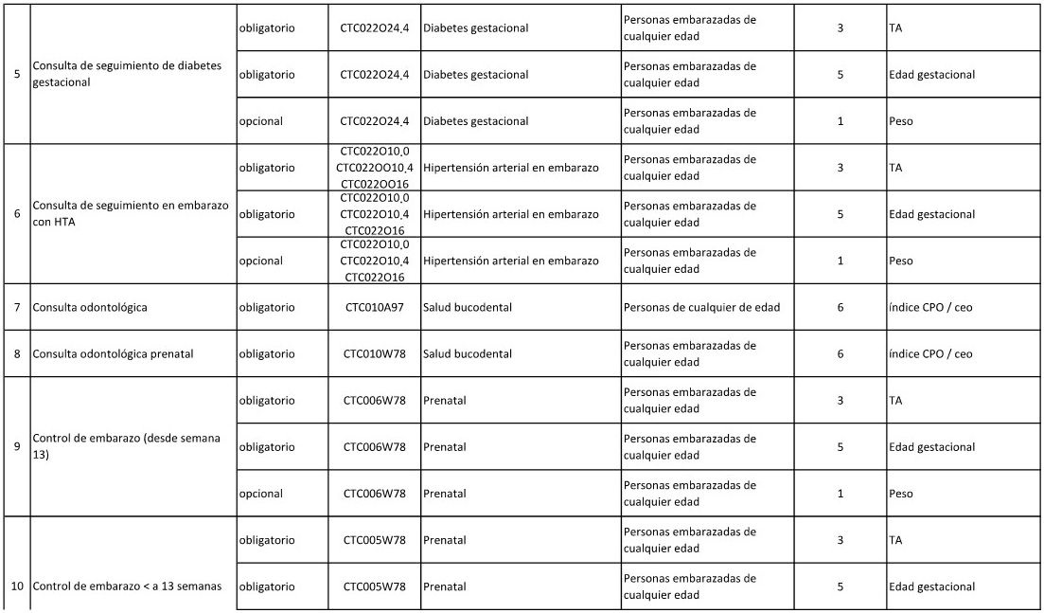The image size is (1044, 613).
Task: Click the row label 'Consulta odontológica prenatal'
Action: [113, 354]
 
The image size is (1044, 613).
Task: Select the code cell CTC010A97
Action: [374, 308]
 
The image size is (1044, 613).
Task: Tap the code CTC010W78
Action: [374, 354]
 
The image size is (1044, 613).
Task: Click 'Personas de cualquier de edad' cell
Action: [701, 308]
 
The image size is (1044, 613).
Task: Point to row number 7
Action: [17, 308]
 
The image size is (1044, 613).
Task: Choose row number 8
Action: [17, 354]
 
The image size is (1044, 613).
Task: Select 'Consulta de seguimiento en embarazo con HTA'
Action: [131, 214]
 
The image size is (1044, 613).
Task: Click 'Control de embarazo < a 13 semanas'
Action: [127, 586]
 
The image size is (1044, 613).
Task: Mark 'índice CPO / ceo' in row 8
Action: [930, 354]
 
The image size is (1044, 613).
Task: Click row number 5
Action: [17, 74]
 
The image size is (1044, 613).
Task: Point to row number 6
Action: [17, 214]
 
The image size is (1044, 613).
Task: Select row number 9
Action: [17, 446]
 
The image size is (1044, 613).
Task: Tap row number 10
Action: [17, 586]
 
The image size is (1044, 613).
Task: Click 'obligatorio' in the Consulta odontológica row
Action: [267, 308]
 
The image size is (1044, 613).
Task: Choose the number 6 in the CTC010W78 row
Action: [841, 354]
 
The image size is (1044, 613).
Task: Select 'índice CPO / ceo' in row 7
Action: [930, 308]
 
